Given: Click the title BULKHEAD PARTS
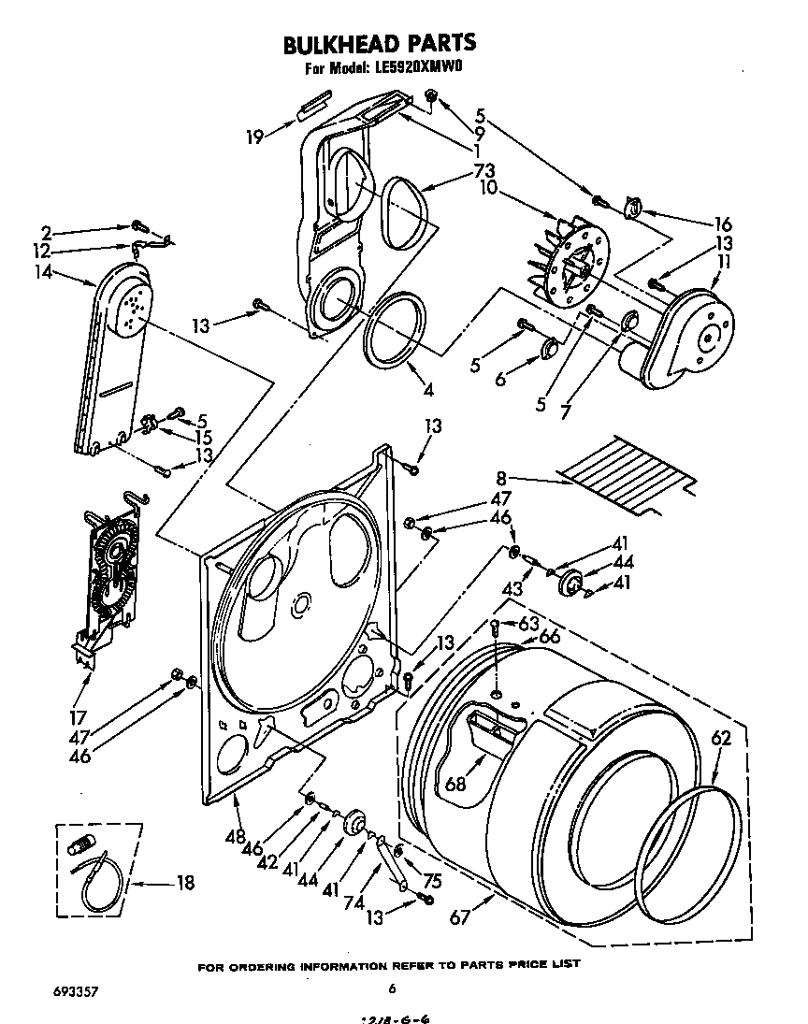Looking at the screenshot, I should click(x=379, y=43).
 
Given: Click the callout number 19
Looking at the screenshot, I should click(x=255, y=137).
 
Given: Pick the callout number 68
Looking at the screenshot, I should click(x=455, y=784).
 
